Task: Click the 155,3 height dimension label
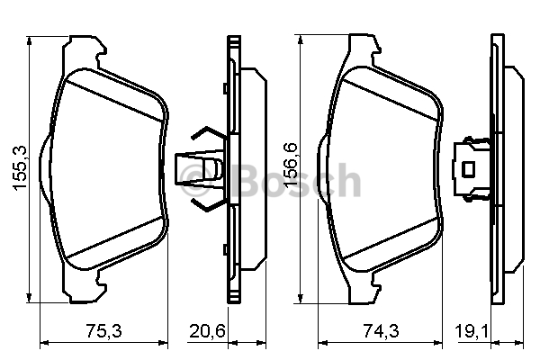tap(21, 167)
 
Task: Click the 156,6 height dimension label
tap(291, 165)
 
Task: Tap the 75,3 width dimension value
tap(103, 331)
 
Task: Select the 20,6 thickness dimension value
tap(208, 331)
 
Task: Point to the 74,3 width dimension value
tap(381, 331)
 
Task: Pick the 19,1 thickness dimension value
tap(472, 331)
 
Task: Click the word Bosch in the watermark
tap(296, 181)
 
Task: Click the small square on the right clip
tap(468, 169)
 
